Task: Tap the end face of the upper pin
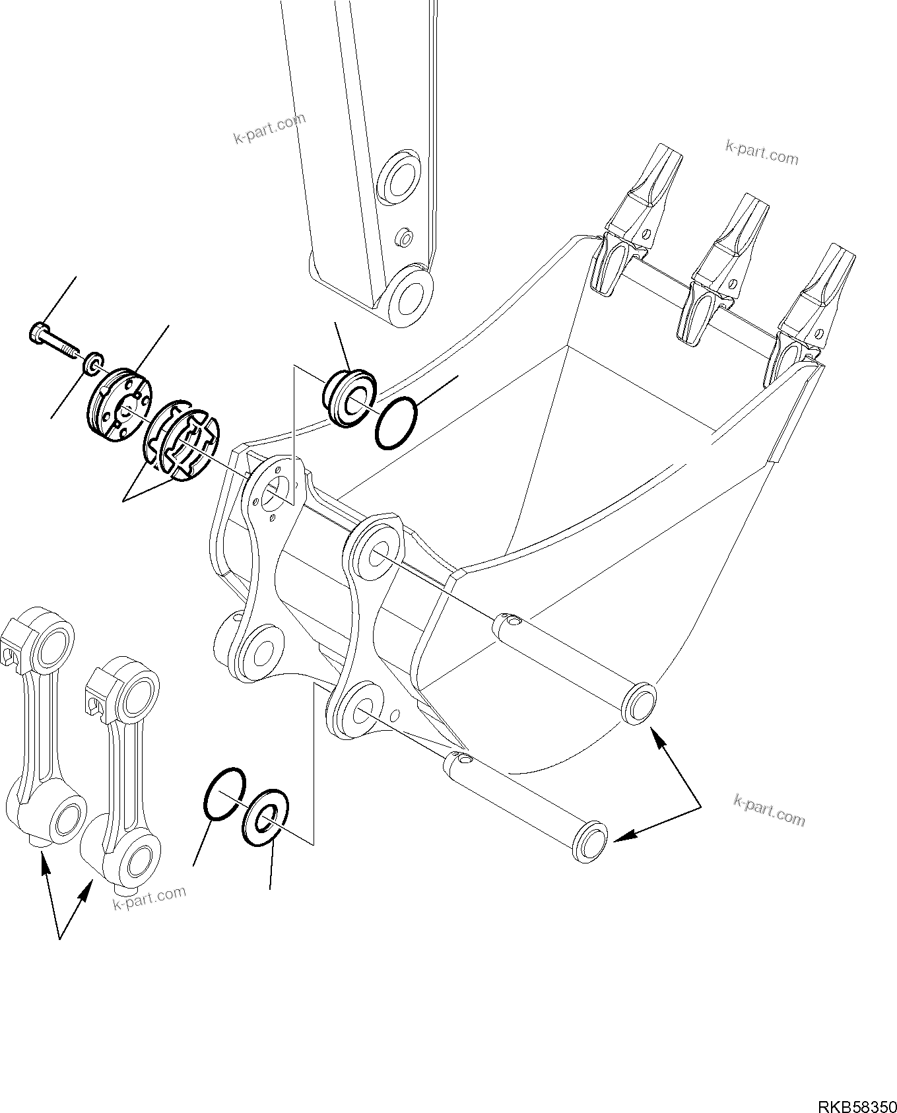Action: (x=639, y=704)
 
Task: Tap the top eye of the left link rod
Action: (x=51, y=646)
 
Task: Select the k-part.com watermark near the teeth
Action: (x=761, y=153)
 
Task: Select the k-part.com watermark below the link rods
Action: (x=149, y=898)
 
